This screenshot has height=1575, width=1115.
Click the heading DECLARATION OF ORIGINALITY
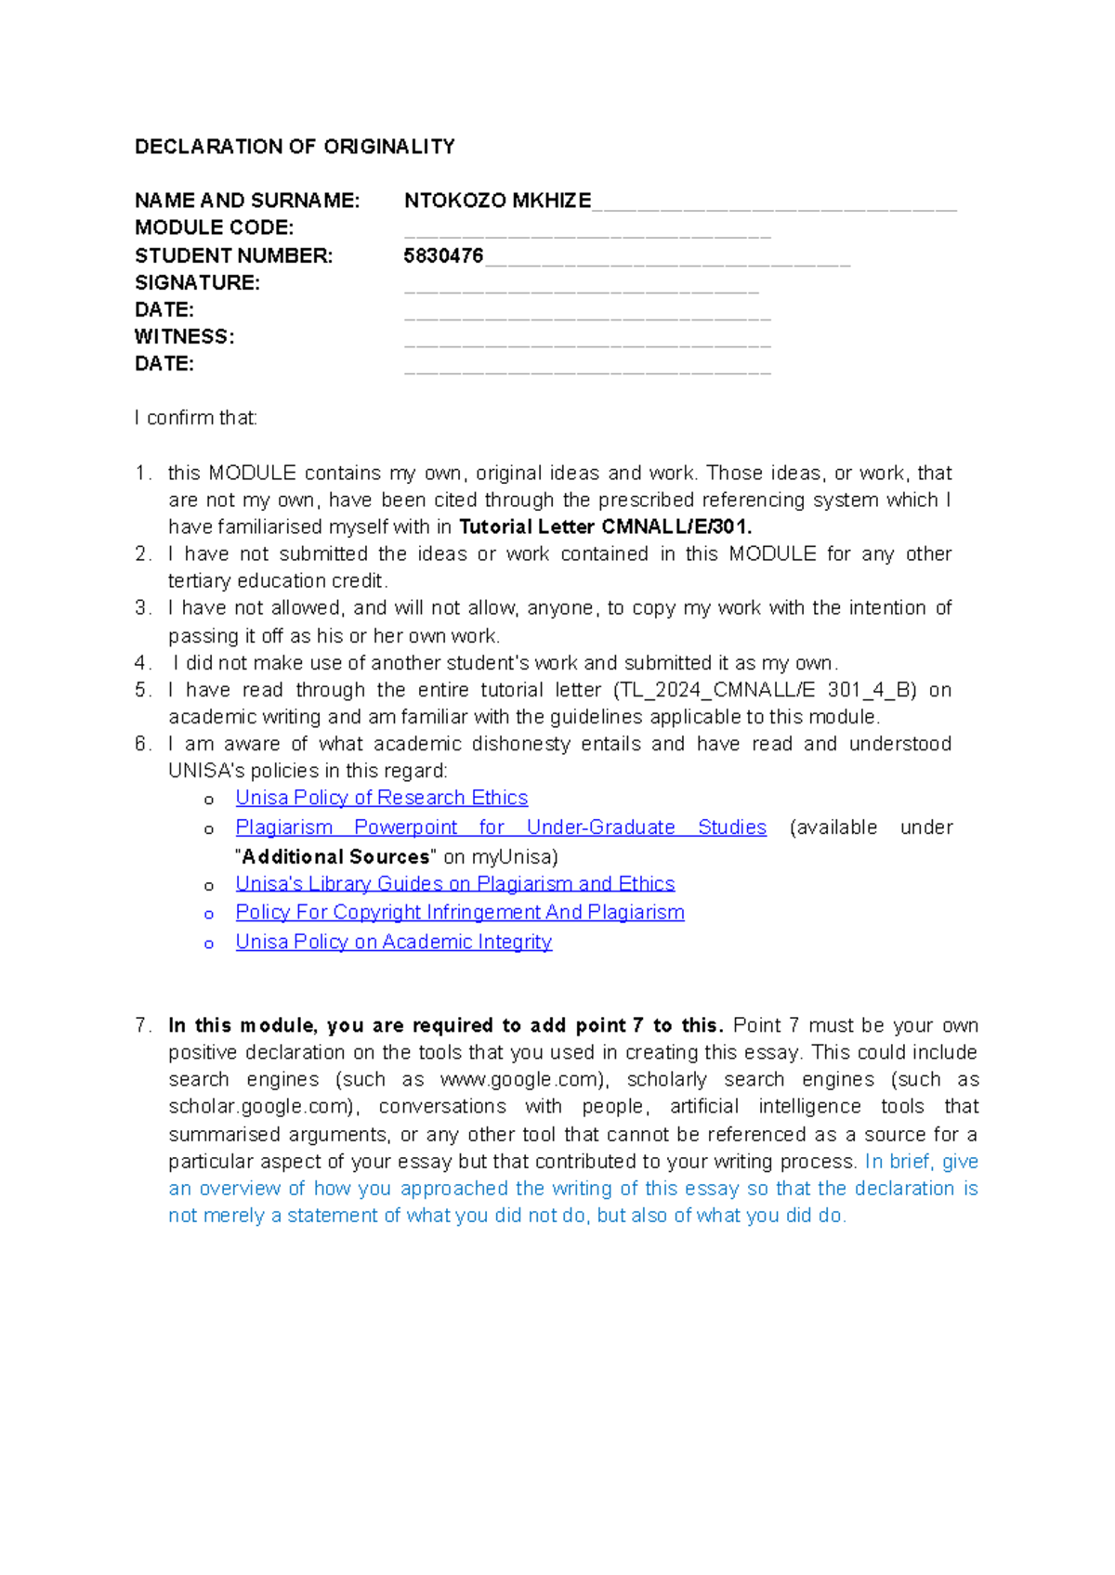(x=295, y=147)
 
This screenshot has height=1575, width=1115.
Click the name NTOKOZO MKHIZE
(x=497, y=201)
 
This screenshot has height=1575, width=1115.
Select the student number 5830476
(x=443, y=255)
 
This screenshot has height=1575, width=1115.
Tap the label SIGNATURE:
(x=197, y=282)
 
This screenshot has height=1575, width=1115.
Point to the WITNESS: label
(x=184, y=336)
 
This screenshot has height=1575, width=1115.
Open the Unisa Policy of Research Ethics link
(x=381, y=798)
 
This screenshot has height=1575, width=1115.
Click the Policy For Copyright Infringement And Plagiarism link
(x=459, y=912)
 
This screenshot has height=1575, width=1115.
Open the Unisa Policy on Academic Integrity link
(x=393, y=942)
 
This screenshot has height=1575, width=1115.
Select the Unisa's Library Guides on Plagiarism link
(x=454, y=883)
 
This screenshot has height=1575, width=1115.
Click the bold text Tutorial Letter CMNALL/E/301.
(x=605, y=527)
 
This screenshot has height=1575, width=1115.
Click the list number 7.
(x=142, y=1025)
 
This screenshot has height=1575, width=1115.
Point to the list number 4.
(x=141, y=663)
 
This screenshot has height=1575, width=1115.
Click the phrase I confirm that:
(x=196, y=418)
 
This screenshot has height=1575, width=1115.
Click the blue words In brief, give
(x=921, y=1161)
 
